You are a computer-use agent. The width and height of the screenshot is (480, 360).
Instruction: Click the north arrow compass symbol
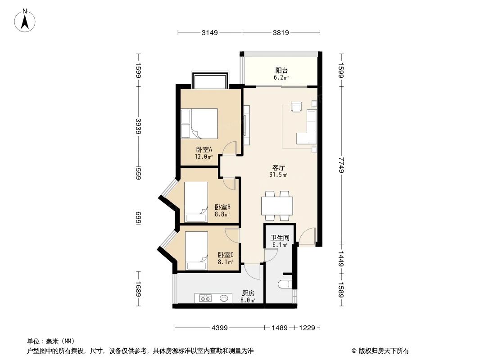[x=25, y=20]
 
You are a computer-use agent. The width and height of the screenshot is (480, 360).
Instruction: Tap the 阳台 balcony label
[x=281, y=71]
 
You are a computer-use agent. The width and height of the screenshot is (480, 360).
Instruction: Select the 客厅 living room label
[x=278, y=167]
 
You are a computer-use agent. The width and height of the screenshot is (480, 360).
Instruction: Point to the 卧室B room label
[x=222, y=207]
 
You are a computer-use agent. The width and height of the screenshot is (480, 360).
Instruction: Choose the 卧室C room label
[x=225, y=255]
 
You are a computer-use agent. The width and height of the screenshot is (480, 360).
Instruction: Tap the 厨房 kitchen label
[x=248, y=293]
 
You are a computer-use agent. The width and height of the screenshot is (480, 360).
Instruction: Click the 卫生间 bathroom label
[x=280, y=238]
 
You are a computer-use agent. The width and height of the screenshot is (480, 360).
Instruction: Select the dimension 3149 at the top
[x=210, y=32]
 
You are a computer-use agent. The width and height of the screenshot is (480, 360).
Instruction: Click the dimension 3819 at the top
[x=281, y=32]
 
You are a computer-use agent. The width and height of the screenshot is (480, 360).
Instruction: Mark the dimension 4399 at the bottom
[x=220, y=328]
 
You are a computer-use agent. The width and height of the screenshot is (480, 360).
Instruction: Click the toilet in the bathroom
[x=285, y=284]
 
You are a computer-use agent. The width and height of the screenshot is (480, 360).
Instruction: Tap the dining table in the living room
[x=277, y=206]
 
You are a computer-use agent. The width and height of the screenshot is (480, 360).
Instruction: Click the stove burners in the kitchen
[x=205, y=298]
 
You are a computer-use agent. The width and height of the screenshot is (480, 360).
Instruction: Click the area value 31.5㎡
[x=278, y=175]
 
